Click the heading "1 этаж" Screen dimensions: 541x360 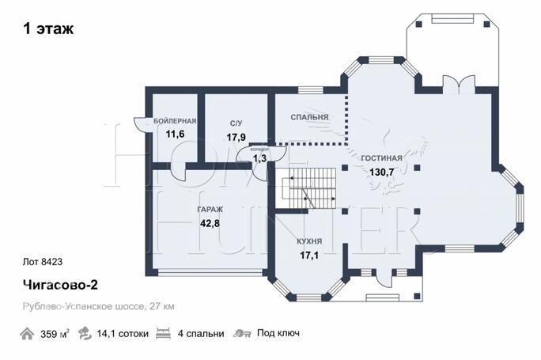(48, 28)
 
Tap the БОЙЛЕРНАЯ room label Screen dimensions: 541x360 (175, 121)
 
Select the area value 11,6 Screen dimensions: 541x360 (175, 134)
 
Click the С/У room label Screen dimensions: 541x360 (236, 123)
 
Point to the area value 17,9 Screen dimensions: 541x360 (236, 138)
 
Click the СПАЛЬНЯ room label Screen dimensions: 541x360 (309, 117)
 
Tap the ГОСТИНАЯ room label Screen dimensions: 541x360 (381, 158)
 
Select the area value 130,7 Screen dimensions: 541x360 (381, 172)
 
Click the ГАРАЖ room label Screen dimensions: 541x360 (210, 210)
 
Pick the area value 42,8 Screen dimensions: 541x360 (210, 224)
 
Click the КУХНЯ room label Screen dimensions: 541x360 (309, 241)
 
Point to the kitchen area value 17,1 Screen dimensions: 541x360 (309, 256)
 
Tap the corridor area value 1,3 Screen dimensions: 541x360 (259, 158)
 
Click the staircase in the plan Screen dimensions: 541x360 (309, 188)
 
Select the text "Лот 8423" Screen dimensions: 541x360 (43, 262)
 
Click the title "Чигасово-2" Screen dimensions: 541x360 (60, 285)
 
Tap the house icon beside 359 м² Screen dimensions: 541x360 (27, 334)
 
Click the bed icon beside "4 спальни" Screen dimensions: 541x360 (163, 333)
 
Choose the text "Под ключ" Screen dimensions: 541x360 (278, 333)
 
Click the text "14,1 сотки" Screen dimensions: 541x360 (123, 334)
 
